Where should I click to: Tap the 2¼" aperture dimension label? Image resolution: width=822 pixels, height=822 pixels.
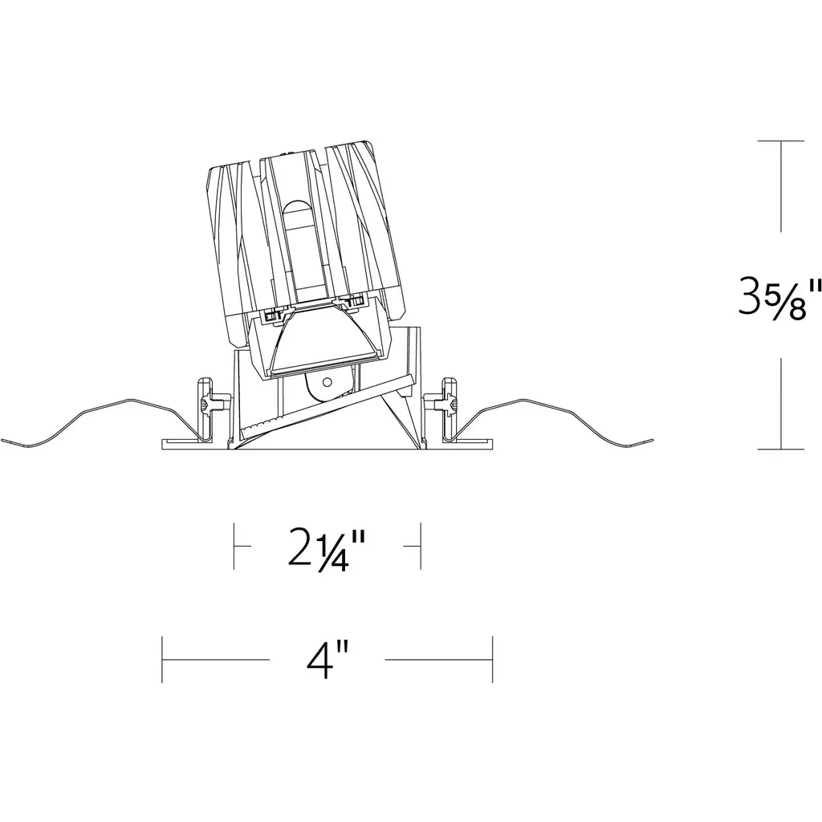pyautogui.click(x=326, y=549)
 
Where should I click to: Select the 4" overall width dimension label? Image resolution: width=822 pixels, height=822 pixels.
pyautogui.click(x=328, y=660)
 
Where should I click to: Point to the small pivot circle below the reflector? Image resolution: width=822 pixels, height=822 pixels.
pyautogui.click(x=328, y=381)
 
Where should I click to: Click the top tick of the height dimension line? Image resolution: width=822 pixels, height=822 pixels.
pyautogui.click(x=780, y=141)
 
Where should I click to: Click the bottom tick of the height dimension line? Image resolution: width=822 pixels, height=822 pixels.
pyautogui.click(x=780, y=450)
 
